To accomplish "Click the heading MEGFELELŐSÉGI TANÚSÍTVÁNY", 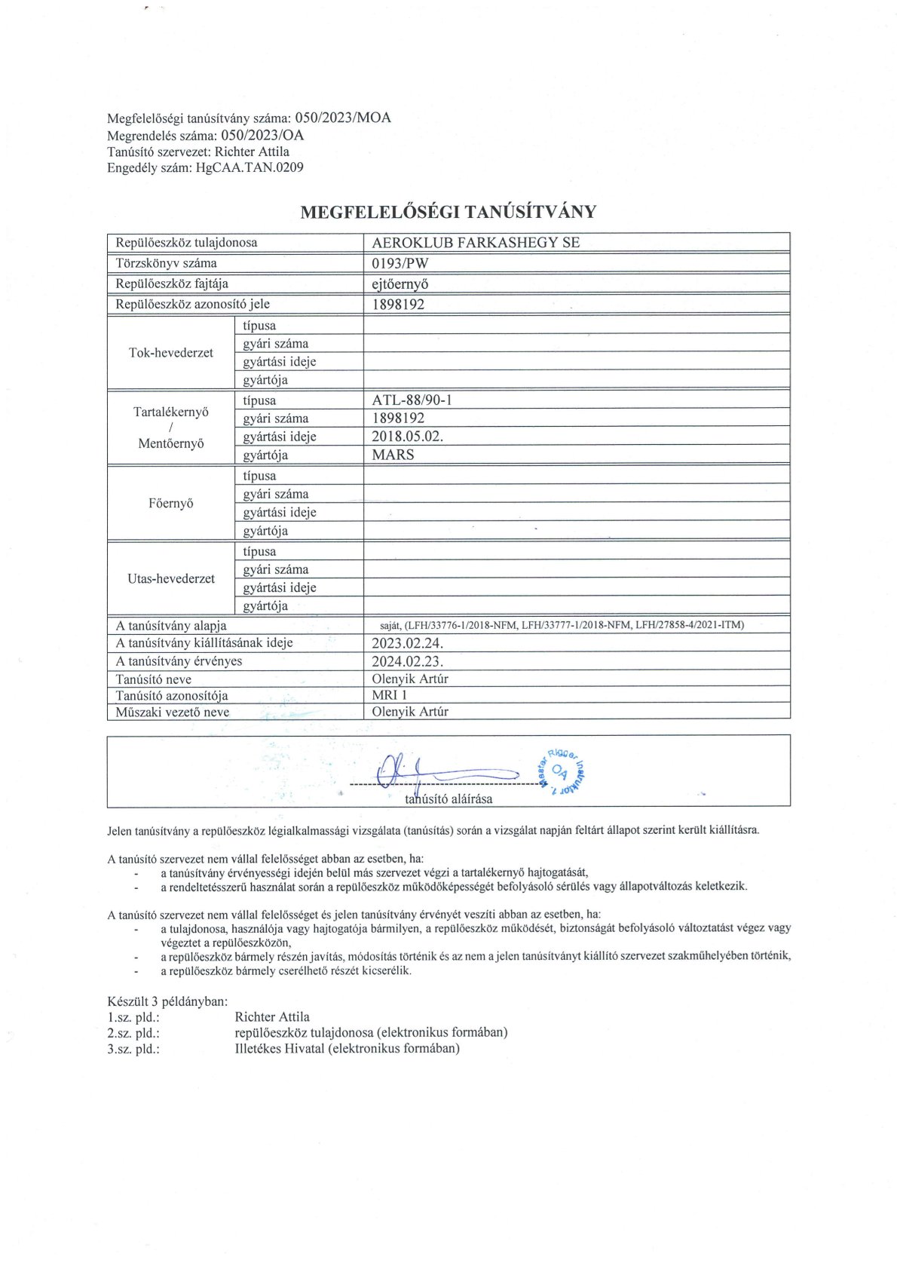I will tap(448, 212).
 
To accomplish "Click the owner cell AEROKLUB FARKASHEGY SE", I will tap(476, 243).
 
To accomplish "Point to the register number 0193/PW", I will tap(400, 263).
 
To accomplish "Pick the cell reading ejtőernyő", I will tap(400, 284).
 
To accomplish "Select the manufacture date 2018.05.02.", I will tap(407, 437).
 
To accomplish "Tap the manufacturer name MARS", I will tap(393, 455).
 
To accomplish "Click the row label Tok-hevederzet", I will tap(171, 353).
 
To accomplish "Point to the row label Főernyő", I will tap(171, 503).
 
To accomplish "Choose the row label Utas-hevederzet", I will tap(171, 578).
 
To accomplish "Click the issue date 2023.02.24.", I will tap(407, 643).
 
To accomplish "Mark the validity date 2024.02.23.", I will tap(407, 661).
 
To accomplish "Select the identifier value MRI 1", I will tap(389, 695).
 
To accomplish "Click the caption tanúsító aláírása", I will tap(448, 799).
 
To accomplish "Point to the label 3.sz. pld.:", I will tap(133, 1049).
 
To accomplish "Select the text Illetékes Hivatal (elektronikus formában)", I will tap(347, 1049).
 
